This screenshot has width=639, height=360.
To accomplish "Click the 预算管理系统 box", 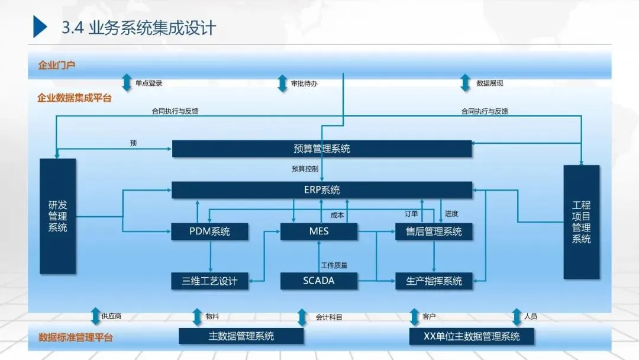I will pos(322,149).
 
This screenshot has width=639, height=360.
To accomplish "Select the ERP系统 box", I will pos(322,190).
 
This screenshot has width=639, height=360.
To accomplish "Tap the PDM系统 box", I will pos(209,232).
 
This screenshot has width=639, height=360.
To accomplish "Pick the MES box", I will pos(319,232).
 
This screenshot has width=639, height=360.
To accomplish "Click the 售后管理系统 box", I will pos(434,232).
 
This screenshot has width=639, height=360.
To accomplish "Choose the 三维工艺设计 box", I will pos(209,281).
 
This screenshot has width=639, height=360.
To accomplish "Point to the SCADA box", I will pos(319,281).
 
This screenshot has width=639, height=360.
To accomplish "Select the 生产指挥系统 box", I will pos(434,281).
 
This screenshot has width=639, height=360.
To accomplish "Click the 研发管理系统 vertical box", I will pos(57,216).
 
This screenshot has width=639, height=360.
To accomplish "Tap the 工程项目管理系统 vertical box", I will pos(581,222).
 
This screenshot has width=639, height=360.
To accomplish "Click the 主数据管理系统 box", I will pos(241,336).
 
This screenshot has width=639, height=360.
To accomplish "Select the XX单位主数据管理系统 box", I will pos(472,336).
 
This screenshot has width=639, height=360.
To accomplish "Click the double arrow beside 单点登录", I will pos(127,83).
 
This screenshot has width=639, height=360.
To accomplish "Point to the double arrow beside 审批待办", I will pos(282,83).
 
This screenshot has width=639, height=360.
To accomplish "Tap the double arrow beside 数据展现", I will pos(466,83).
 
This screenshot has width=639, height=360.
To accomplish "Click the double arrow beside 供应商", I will pos(95,316).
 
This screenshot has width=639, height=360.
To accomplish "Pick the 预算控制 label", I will pos(305,169).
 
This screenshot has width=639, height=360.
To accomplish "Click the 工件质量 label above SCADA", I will pos(334,265).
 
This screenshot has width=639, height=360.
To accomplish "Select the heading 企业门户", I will pos(57,65).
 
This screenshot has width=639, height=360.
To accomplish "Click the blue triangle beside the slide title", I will pos(40,27).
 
